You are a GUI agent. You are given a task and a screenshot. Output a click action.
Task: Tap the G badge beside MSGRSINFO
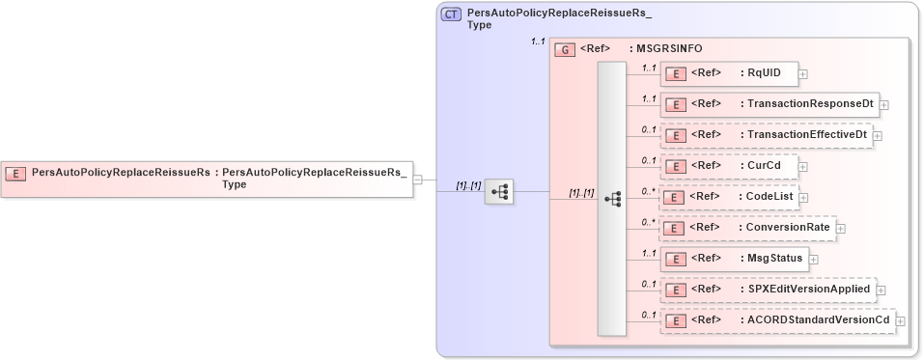click(x=566, y=47)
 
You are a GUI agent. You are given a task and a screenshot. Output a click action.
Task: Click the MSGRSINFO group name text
click(x=666, y=47)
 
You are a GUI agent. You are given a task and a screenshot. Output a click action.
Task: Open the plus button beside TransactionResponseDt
click(x=883, y=104)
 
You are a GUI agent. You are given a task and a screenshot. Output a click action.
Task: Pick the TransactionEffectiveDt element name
click(x=807, y=135)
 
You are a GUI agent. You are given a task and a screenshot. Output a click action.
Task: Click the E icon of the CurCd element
click(x=678, y=166)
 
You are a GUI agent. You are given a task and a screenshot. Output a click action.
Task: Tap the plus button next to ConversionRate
click(x=840, y=228)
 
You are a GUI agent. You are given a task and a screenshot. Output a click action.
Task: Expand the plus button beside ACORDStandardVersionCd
click(x=900, y=320)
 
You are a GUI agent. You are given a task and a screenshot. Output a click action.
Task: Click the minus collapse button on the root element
click(x=417, y=179)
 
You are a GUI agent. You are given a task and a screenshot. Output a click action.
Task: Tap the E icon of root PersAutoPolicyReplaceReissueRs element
click(x=16, y=173)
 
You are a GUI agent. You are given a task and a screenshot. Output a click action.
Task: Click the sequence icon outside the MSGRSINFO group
click(x=499, y=192)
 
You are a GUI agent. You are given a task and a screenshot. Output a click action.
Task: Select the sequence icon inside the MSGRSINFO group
click(x=611, y=198)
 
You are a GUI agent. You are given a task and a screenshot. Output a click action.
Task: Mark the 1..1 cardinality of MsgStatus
click(x=649, y=253)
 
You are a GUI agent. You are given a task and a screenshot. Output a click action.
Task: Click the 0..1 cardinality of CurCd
click(x=649, y=160)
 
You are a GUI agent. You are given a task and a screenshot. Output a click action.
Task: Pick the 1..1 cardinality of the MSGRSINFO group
click(x=538, y=42)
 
